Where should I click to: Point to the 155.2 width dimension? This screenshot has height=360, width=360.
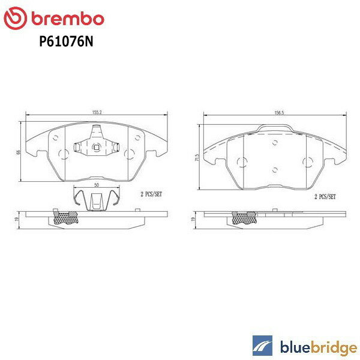coord(96,110)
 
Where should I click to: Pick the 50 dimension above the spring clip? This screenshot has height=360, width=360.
coord(96,186)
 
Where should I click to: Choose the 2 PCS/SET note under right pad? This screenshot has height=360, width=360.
coord(323,196)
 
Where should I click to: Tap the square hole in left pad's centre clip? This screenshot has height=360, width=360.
coord(95,146)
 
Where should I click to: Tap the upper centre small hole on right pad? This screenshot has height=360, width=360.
coord(274,143)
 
